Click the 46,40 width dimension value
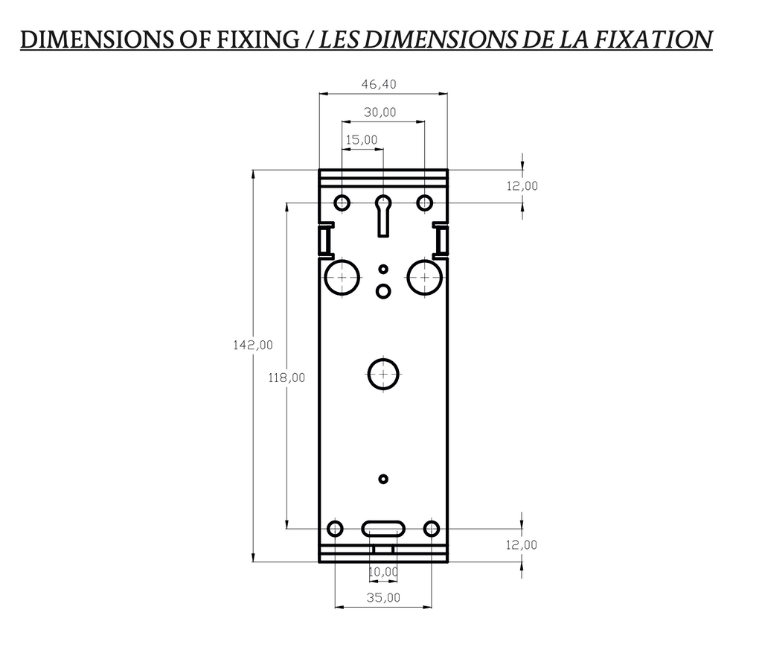click(x=379, y=85)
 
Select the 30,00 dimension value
click(x=380, y=112)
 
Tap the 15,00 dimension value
click(x=362, y=139)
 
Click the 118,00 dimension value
click(x=286, y=378)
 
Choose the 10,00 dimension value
click(x=383, y=572)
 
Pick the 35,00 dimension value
click(x=383, y=597)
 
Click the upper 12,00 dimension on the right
click(x=522, y=186)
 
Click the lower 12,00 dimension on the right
click(x=522, y=545)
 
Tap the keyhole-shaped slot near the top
click(x=383, y=213)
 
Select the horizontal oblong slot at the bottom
click(x=383, y=529)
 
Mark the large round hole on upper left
click(x=342, y=276)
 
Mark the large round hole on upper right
click(x=425, y=276)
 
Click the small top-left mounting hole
click(x=342, y=203)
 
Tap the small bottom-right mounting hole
click(x=432, y=529)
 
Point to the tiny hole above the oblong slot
click(x=383, y=479)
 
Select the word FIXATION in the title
click(x=656, y=39)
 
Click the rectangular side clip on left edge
click(x=325, y=240)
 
